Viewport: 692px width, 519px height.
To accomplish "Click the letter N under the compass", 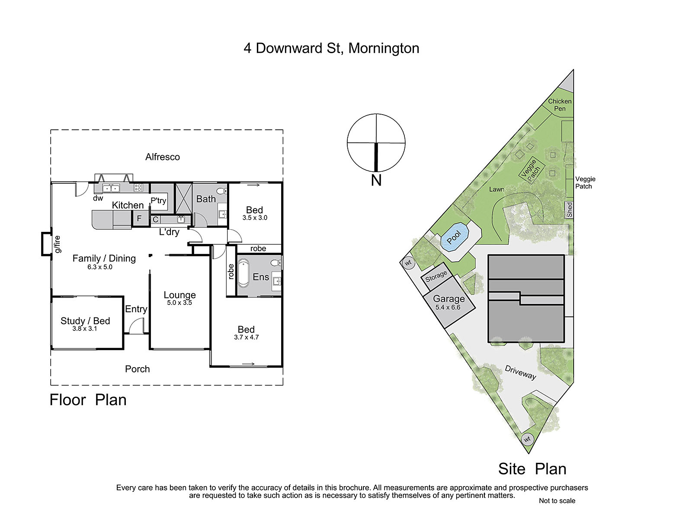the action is [x=376, y=180].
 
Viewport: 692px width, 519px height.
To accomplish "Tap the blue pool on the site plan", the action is [x=454, y=237].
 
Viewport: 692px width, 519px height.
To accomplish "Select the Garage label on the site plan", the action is [x=449, y=298].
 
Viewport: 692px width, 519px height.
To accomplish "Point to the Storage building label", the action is [x=436, y=276].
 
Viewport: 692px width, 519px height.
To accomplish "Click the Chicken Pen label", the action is [x=560, y=105].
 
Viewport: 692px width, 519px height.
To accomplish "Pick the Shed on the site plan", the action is [x=569, y=210].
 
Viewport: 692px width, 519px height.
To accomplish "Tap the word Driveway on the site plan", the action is [x=520, y=372].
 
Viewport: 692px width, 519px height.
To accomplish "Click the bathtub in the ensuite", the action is [x=243, y=273].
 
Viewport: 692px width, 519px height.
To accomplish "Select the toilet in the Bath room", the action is [x=221, y=191].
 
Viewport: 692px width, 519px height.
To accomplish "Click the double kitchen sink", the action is [x=111, y=188].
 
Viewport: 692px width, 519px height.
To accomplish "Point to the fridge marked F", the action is [x=139, y=218].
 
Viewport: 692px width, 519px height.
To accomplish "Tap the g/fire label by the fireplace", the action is [x=58, y=244].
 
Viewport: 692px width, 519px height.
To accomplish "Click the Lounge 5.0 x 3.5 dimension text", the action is [x=179, y=303].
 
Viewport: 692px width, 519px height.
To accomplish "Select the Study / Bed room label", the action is [x=85, y=321].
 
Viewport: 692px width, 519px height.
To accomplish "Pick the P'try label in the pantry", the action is [x=158, y=201].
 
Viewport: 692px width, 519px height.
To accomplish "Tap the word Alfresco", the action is [x=162, y=157].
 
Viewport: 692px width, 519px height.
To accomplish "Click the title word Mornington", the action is [x=384, y=48].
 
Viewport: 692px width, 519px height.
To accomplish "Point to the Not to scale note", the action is [x=557, y=501].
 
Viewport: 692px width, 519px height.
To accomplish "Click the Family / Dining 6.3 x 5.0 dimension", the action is [x=100, y=267].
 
